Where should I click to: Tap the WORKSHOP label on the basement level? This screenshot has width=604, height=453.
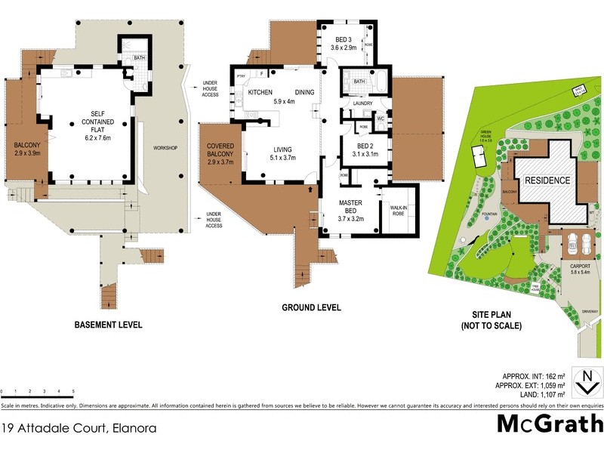(165, 147)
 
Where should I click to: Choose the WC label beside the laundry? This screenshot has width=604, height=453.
(380, 119)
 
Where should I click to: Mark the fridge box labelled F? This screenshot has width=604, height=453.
(261, 74)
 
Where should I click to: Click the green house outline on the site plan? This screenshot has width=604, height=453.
(476, 157)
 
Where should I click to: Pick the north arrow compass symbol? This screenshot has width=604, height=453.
(584, 380)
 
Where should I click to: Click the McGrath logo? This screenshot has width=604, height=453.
(550, 424)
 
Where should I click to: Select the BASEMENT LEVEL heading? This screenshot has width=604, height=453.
(108, 325)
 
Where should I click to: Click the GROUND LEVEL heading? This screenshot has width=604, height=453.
(311, 308)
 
